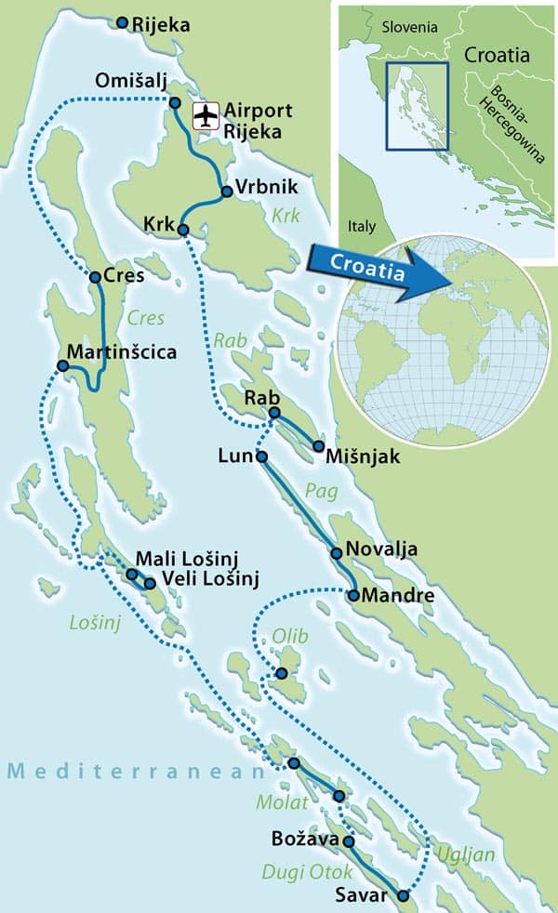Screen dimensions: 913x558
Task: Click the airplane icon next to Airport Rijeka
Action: pos(205,115)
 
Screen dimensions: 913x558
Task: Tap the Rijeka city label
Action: pos(161,26)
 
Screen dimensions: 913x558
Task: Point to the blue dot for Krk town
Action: pos(183,230)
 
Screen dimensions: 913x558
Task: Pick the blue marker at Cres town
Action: pos(95,276)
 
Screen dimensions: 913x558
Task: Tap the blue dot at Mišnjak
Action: pos(319,446)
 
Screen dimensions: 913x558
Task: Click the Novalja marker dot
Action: pos(337,553)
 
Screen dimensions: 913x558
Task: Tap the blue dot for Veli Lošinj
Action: pos(150,584)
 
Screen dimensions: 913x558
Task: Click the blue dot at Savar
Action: pos(403,896)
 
